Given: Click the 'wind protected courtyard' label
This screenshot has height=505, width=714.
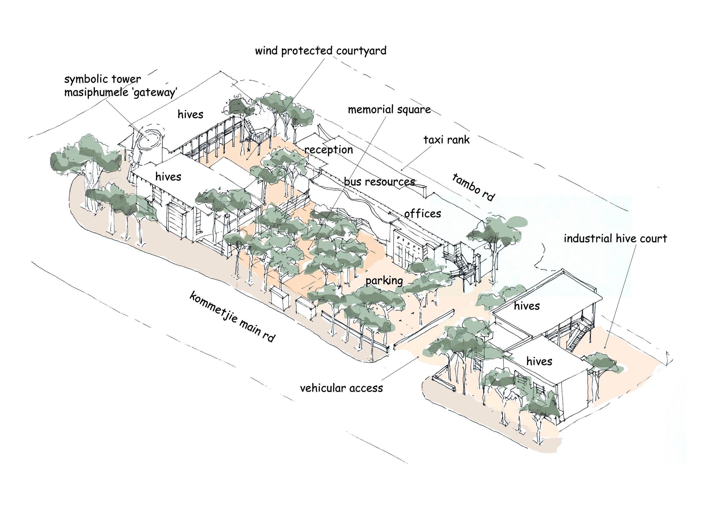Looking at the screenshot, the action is (321, 51).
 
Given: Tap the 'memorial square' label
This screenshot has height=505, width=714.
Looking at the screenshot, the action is (389, 110).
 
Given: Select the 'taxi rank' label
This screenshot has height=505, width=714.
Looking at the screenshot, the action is (447, 140).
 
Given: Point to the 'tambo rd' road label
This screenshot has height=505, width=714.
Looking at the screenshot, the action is (473, 187).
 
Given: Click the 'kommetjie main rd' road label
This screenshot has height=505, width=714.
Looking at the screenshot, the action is (233, 316).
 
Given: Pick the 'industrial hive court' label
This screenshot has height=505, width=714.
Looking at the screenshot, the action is (616, 239).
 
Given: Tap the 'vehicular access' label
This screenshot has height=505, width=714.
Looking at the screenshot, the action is (341, 388).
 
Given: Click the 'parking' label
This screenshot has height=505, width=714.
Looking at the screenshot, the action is (384, 281).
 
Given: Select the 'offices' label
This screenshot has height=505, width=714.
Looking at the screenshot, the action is (423, 213).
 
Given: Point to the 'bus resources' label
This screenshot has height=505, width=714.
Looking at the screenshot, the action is (380, 181).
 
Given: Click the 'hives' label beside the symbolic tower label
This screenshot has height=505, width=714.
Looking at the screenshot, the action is (190, 114).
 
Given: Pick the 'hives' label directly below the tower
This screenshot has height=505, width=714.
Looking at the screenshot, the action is (168, 177).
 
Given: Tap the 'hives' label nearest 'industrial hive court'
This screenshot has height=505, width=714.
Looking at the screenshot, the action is (527, 306).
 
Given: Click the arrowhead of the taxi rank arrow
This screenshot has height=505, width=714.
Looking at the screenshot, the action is (402, 170).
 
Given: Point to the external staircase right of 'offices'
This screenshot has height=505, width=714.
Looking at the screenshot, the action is (460, 263).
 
